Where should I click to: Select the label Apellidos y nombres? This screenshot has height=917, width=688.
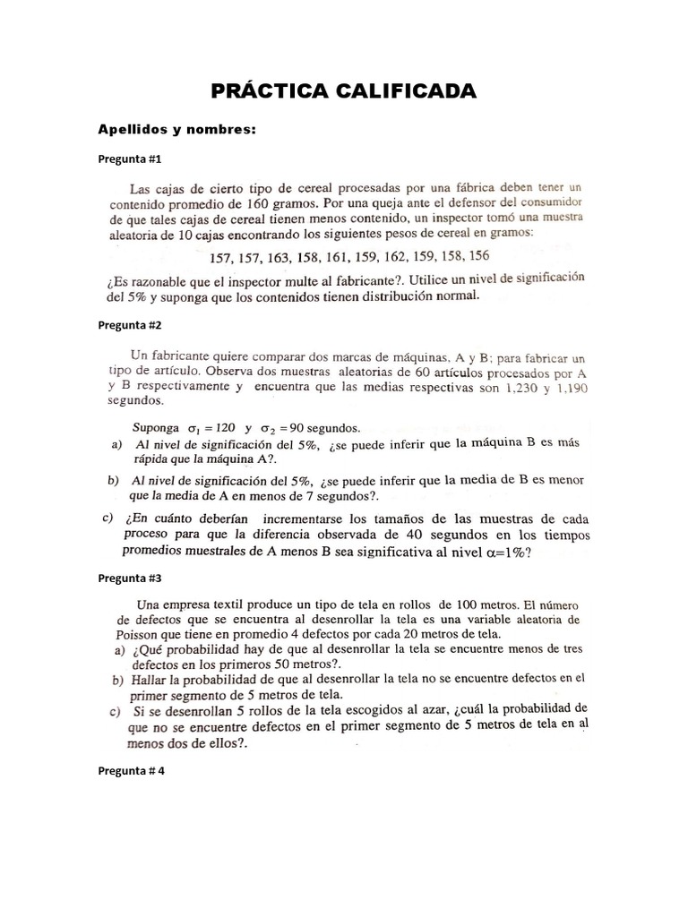tap(176, 131)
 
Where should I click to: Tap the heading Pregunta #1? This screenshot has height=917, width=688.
tap(129, 159)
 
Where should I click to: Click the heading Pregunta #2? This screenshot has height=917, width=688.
tap(129, 324)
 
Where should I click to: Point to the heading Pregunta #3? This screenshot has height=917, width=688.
tap(129, 578)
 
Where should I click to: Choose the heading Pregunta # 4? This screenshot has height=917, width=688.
tap(131, 770)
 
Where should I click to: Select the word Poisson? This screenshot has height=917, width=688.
tap(137, 634)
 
